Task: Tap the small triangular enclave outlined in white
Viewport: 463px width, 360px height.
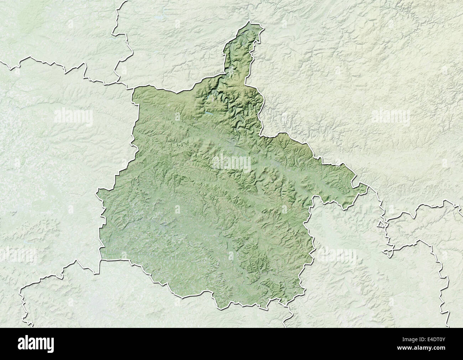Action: point(381,225)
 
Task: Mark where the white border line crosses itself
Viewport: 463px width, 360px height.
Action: point(388,252)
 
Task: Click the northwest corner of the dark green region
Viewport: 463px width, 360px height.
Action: point(134,88)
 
